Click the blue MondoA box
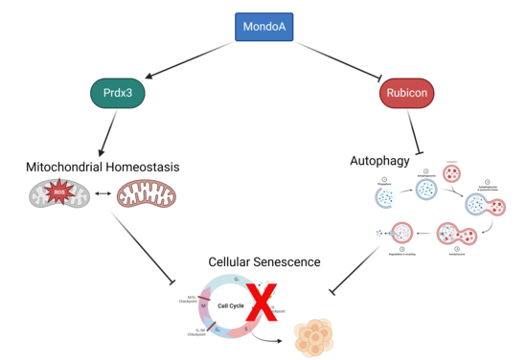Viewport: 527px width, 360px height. [263, 27]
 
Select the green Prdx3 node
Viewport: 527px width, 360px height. [119, 95]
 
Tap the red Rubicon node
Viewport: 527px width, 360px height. [409, 95]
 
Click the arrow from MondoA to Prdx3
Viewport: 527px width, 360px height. [193, 59]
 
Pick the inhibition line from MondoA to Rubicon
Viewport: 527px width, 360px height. [334, 59]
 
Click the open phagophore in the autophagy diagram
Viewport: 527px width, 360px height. [386, 198]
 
